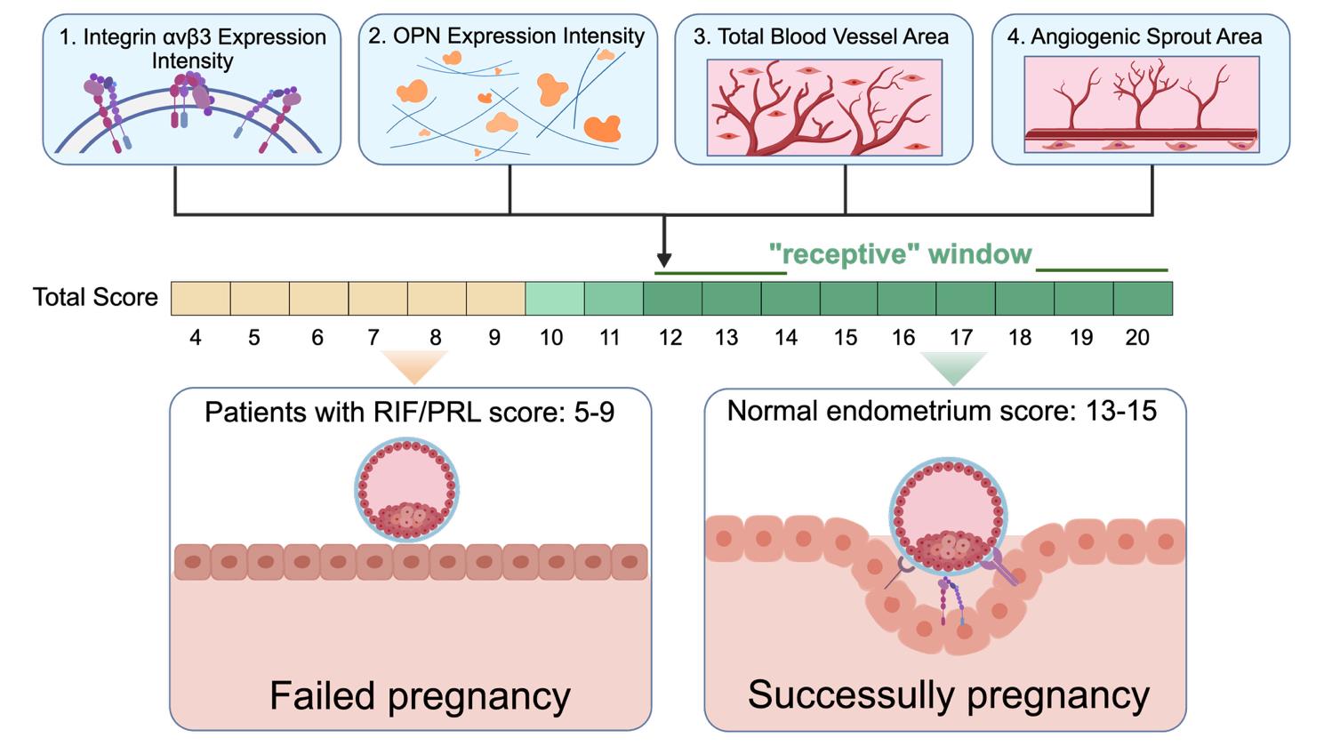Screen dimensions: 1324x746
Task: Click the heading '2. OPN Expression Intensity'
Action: (x=507, y=36)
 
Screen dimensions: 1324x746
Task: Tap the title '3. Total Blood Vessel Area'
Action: (x=821, y=36)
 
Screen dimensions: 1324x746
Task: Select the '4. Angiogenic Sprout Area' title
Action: (x=1135, y=36)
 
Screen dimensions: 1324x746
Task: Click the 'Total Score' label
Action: (x=95, y=297)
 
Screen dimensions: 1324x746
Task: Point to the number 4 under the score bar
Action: (x=195, y=338)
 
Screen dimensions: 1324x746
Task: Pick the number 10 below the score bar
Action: (x=551, y=338)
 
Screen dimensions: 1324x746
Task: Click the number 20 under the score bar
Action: (x=1137, y=338)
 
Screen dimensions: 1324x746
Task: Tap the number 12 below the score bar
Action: (x=670, y=338)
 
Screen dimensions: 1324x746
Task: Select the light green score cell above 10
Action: (x=555, y=299)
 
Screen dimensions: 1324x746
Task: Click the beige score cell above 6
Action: (x=319, y=299)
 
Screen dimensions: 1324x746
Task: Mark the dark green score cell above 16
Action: (x=907, y=299)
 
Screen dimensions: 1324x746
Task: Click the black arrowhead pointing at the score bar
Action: (x=663, y=261)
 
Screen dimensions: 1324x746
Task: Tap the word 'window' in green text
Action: (x=979, y=254)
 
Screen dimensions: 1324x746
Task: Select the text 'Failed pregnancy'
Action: (x=420, y=695)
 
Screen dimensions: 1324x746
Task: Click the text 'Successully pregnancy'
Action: (x=948, y=695)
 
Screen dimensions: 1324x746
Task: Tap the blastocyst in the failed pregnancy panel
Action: (x=406, y=489)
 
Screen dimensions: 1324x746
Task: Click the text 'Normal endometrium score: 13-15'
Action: (x=942, y=410)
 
